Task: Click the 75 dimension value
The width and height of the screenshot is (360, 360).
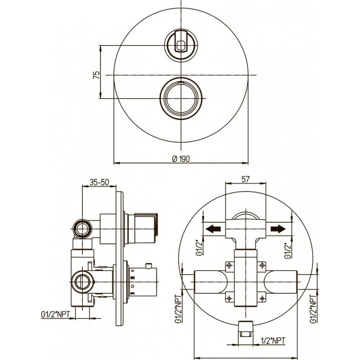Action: pos(97,75)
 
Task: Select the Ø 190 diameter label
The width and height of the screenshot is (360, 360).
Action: pos(181,159)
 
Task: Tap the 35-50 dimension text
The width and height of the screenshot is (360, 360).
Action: pos(99,182)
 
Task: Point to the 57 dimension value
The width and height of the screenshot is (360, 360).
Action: pos(245,179)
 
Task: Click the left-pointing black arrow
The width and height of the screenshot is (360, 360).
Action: pos(213,229)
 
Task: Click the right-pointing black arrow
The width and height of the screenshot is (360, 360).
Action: pos(278,229)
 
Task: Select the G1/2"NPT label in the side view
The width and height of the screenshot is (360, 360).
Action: pos(55,314)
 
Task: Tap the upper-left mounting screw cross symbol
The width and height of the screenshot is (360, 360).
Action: pos(229,265)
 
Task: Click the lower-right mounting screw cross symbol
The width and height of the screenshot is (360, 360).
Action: pos(262,298)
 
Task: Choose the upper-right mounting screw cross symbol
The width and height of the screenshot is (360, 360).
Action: pos(262,265)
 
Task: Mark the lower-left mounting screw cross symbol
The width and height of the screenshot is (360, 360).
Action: pos(229,298)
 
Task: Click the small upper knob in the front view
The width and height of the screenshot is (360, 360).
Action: pos(181,45)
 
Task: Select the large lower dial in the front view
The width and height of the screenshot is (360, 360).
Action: pos(181,98)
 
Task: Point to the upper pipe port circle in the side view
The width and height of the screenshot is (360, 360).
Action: pos(82,229)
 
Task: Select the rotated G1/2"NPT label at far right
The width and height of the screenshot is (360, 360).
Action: pos(313,309)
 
